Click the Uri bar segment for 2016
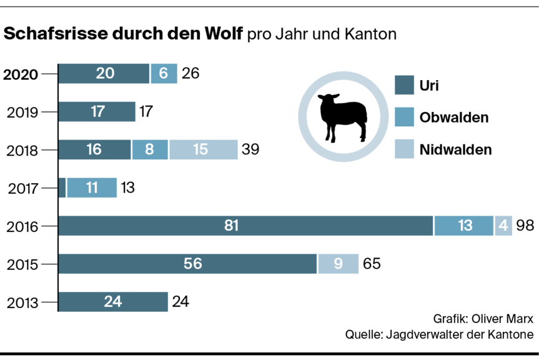pos(245,226)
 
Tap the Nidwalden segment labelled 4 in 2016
pos(504,226)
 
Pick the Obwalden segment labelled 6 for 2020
pos(164,74)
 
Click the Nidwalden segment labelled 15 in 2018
pos(202,150)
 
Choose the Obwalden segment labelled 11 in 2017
pos(92,187)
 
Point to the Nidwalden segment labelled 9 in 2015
pos(338,264)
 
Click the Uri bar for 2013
pos(113,302)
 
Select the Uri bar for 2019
pos(97,112)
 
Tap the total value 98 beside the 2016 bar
pos(525,226)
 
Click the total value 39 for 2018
pos(249,150)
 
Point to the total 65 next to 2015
pos(371,264)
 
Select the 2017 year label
pos(22,187)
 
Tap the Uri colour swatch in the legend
pos(405,85)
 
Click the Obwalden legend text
pos(454,117)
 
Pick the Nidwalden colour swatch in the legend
pos(405,149)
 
